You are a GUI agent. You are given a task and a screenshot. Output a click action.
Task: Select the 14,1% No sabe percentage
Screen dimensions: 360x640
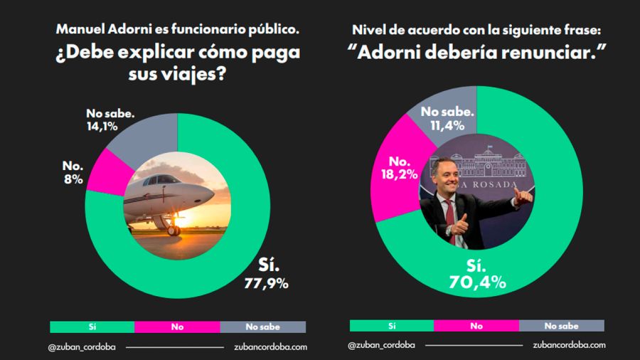[x=101, y=127]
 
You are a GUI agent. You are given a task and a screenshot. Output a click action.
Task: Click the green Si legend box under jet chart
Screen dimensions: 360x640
[x=92, y=327]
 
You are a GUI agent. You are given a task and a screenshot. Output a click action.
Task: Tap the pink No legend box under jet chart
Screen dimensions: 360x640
[x=176, y=327]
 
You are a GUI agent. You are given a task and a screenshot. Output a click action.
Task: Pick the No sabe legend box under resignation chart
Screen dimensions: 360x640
[x=561, y=326]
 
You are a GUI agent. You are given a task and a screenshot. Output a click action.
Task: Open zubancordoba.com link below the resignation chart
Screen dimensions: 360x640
[x=569, y=345]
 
